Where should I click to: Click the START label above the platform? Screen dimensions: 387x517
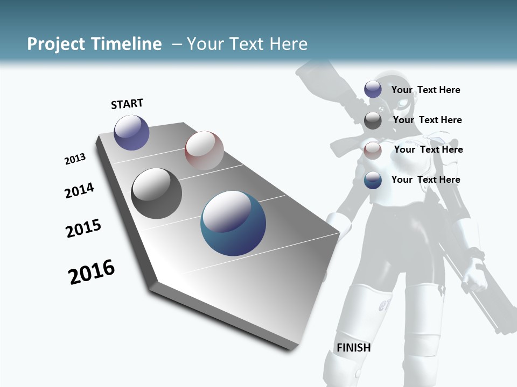[x=127, y=104]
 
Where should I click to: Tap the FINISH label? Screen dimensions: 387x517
[x=353, y=348]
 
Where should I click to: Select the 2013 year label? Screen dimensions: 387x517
[x=75, y=159]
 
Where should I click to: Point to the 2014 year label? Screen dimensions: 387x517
[x=79, y=191]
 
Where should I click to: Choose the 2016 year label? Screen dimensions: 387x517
[x=92, y=272]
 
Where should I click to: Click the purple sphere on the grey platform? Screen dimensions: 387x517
[x=131, y=132]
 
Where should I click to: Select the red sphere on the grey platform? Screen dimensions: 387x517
[x=204, y=150]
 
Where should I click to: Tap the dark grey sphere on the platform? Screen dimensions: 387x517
[x=156, y=193]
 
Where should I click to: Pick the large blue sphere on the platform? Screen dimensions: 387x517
[x=233, y=223]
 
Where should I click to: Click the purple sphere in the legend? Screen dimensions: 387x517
[x=373, y=90]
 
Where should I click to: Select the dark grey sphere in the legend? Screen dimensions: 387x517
[x=373, y=120]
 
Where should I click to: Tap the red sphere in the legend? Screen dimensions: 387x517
[x=373, y=150]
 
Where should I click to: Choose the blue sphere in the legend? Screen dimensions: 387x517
[x=373, y=181]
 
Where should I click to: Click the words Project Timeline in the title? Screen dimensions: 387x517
[x=94, y=44]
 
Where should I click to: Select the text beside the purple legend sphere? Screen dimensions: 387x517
[x=425, y=90]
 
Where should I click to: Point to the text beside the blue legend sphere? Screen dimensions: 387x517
[x=425, y=180]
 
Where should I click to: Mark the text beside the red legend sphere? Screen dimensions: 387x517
[x=428, y=149]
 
